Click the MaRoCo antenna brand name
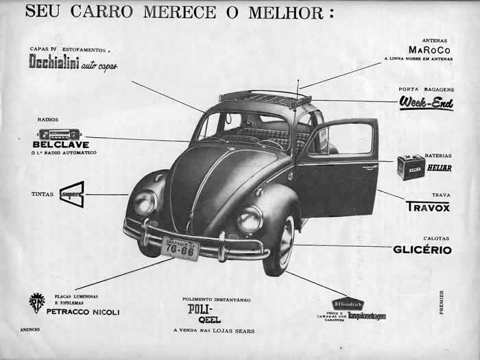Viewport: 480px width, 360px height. point(430,50)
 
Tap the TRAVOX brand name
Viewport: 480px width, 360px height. point(428,206)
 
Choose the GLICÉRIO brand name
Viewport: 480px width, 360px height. point(422,250)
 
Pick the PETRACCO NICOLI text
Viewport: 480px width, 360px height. point(83,312)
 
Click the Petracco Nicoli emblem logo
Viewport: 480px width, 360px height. point(36,302)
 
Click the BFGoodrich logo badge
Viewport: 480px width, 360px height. point(348,304)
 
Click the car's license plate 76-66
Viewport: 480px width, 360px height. point(180,248)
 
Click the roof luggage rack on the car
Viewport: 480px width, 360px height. point(264,98)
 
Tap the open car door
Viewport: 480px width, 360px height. point(337,168)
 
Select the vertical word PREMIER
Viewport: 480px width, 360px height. point(441,302)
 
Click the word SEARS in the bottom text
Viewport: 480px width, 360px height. point(242,331)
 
